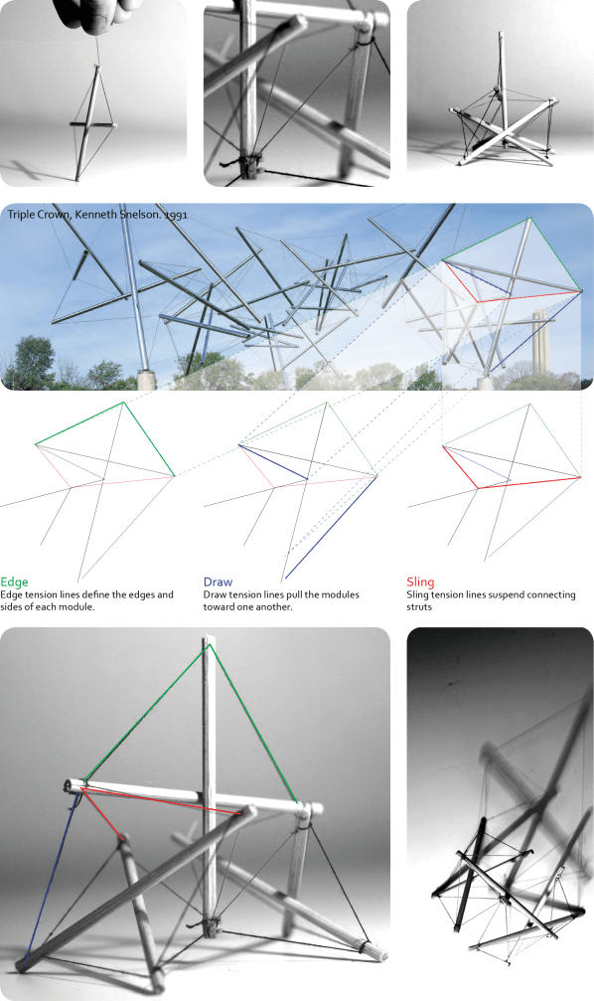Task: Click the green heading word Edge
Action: [15, 582]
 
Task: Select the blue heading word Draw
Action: [218, 582]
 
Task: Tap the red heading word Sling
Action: [421, 582]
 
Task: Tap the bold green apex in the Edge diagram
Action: [123, 403]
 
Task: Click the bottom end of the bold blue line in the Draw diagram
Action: [286, 579]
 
